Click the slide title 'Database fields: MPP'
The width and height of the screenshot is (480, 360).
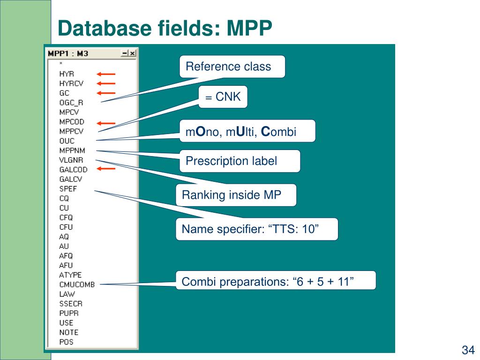165,29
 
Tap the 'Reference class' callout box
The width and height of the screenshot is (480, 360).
232,67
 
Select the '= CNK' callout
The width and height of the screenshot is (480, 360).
223,97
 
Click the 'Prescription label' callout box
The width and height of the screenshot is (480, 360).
240,161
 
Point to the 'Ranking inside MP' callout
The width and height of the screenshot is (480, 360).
236,195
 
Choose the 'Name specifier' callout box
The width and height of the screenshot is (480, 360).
256,229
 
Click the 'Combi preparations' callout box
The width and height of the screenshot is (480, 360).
276,282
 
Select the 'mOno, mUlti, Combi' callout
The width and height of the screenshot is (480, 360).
247,131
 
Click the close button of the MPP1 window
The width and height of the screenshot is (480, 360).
133,53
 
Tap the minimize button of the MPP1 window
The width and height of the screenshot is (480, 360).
125,53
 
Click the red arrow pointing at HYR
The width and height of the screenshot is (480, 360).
106,74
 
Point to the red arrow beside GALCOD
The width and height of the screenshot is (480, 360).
106,169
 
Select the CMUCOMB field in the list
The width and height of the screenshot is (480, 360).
77,284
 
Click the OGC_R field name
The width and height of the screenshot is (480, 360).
71,103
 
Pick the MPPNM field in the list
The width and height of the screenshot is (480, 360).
69,150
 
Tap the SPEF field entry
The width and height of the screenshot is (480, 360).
68,188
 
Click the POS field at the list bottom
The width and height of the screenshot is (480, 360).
66,342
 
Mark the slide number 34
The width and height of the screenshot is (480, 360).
468,350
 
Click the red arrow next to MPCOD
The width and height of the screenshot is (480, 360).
106,123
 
